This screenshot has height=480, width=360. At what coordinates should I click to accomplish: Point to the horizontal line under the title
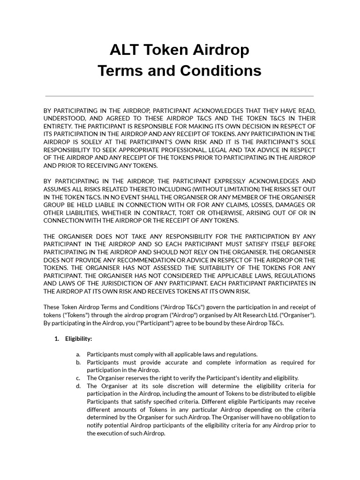pos(180,96)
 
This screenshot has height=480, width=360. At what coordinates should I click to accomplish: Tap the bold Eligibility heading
pos(78,338)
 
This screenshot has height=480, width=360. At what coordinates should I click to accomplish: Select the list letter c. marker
pos(78,378)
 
